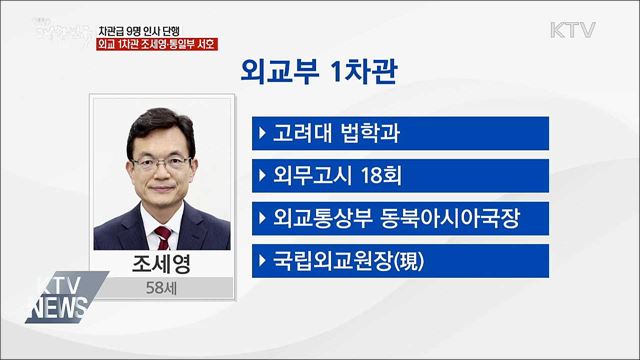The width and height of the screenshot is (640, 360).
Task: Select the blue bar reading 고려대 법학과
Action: point(401,134)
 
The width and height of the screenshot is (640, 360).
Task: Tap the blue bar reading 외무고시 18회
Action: point(401,177)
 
